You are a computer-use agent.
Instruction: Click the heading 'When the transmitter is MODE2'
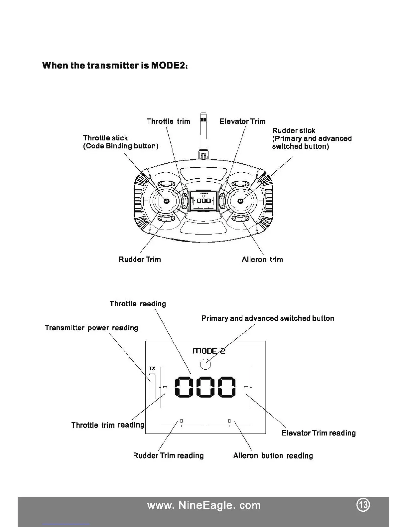tap(115, 65)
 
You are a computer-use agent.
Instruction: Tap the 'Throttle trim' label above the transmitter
tap(168, 121)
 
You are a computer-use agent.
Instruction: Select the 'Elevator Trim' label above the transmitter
tap(242, 121)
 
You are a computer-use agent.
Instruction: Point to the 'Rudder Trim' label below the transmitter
tap(140, 259)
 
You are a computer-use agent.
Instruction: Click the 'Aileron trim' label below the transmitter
tap(262, 259)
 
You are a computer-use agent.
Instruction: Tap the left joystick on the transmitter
tap(166, 201)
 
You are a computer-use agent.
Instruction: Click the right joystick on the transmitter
tap(241, 201)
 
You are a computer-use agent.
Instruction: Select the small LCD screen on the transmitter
tap(203, 200)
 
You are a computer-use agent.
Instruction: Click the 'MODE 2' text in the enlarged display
tap(209, 351)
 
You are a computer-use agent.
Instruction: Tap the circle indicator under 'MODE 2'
tap(205, 364)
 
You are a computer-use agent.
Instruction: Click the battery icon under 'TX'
tap(152, 386)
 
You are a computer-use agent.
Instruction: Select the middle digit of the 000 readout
tap(205, 387)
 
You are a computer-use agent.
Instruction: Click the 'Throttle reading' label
tap(138, 303)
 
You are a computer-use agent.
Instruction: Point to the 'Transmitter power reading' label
tap(91, 328)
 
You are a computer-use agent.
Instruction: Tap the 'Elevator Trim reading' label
tap(318, 433)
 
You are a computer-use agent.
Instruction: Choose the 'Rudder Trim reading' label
tap(168, 455)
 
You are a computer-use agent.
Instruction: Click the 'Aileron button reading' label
tap(273, 455)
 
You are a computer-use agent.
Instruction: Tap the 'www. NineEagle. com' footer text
tap(203, 505)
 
